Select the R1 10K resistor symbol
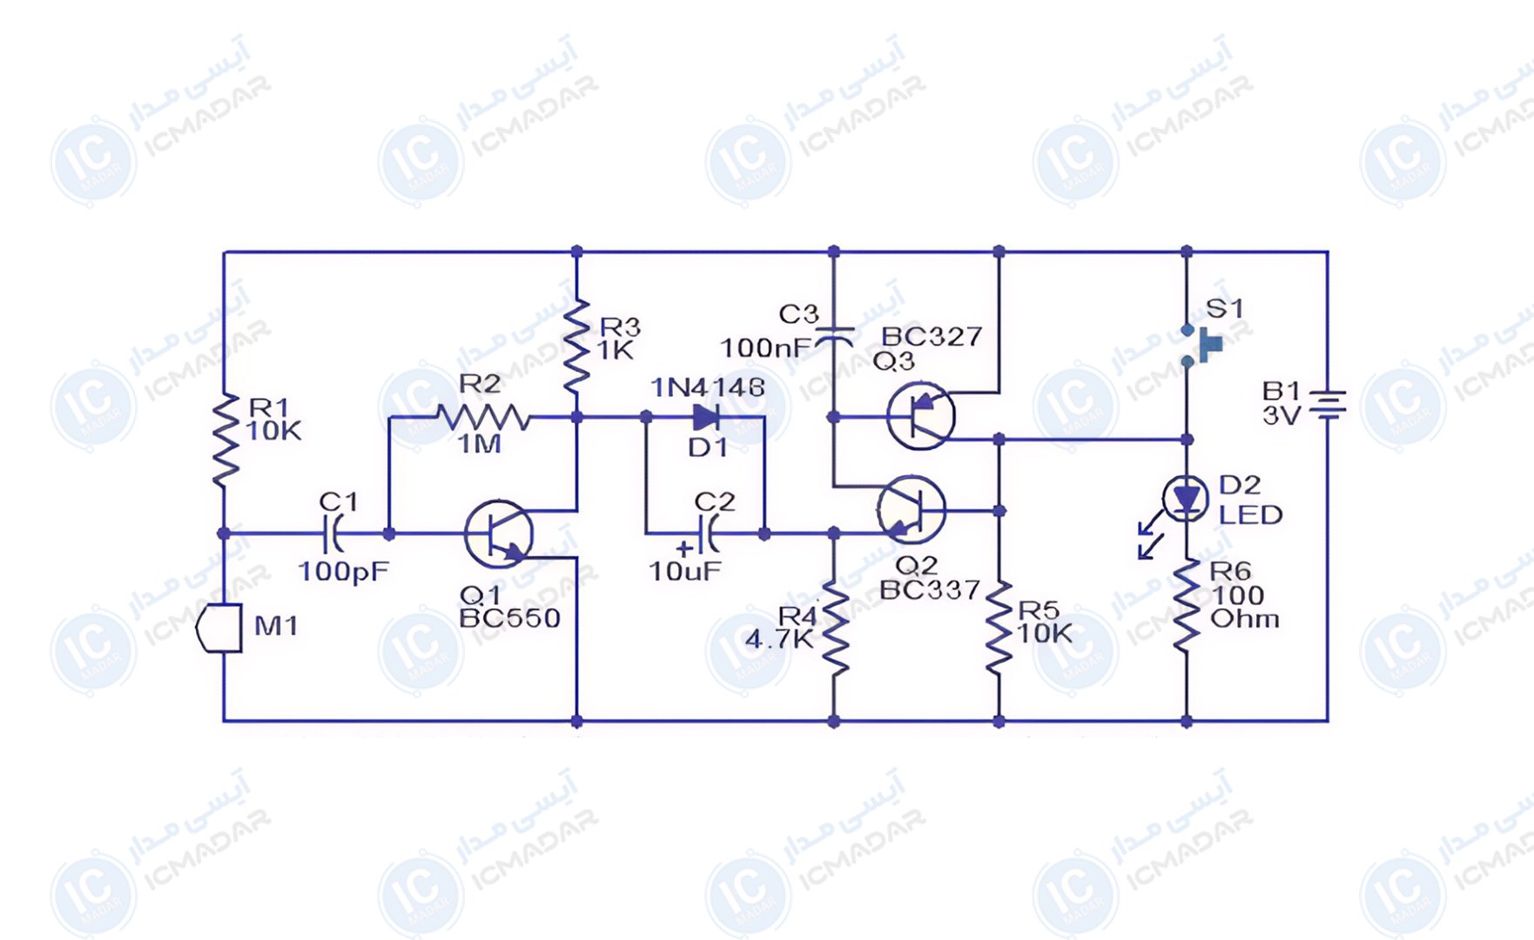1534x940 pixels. coord(225,439)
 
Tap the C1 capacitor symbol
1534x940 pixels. coord(333,533)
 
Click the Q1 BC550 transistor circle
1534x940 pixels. coord(499,534)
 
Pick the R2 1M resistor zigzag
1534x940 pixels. coord(482,418)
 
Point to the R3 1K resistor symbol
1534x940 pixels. coord(576,346)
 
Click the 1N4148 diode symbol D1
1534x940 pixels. coord(706,418)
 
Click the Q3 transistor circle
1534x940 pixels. coord(920,416)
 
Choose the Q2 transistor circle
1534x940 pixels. coord(912,510)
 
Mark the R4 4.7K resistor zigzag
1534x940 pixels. coord(835,629)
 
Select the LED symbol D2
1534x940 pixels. coord(1185,500)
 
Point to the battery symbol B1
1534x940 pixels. coord(1328,405)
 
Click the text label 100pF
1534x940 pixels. coord(343,572)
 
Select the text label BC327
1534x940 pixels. coord(932,337)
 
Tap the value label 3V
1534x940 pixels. coord(1281,416)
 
